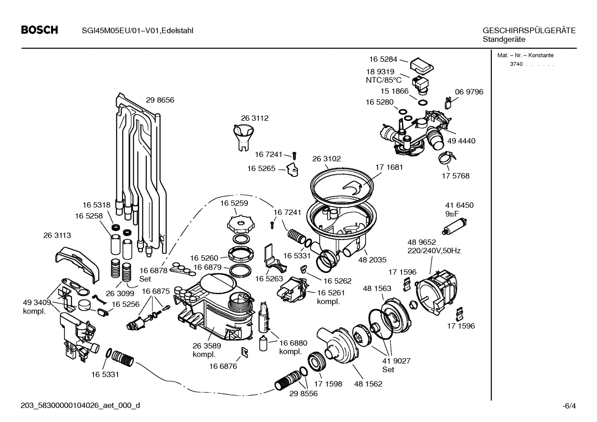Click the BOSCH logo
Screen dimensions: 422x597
39,30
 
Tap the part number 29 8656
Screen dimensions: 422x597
160,100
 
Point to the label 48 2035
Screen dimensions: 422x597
372,260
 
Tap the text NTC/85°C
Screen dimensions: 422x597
383,80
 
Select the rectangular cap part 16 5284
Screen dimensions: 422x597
421,65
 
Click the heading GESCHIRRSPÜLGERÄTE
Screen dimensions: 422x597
529,31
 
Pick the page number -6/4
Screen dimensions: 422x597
569,406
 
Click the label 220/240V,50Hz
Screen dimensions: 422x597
434,251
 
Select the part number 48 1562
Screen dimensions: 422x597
368,384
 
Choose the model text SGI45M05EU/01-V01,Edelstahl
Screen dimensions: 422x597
135,31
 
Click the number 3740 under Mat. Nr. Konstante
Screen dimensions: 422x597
516,64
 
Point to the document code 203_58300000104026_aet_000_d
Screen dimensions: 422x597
80,405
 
